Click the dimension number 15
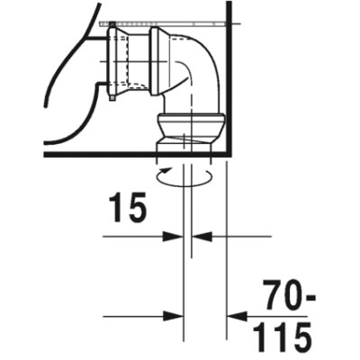pyautogui.click(x=128, y=207)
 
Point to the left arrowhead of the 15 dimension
pyautogui.click(x=173, y=237)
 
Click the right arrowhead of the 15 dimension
pyautogui.click(x=202, y=237)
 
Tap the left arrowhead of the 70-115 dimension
pyautogui.click(x=173, y=316)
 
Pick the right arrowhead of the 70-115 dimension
pyautogui.click(x=237, y=316)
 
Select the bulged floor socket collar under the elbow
pyautogui.click(x=191, y=125)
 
